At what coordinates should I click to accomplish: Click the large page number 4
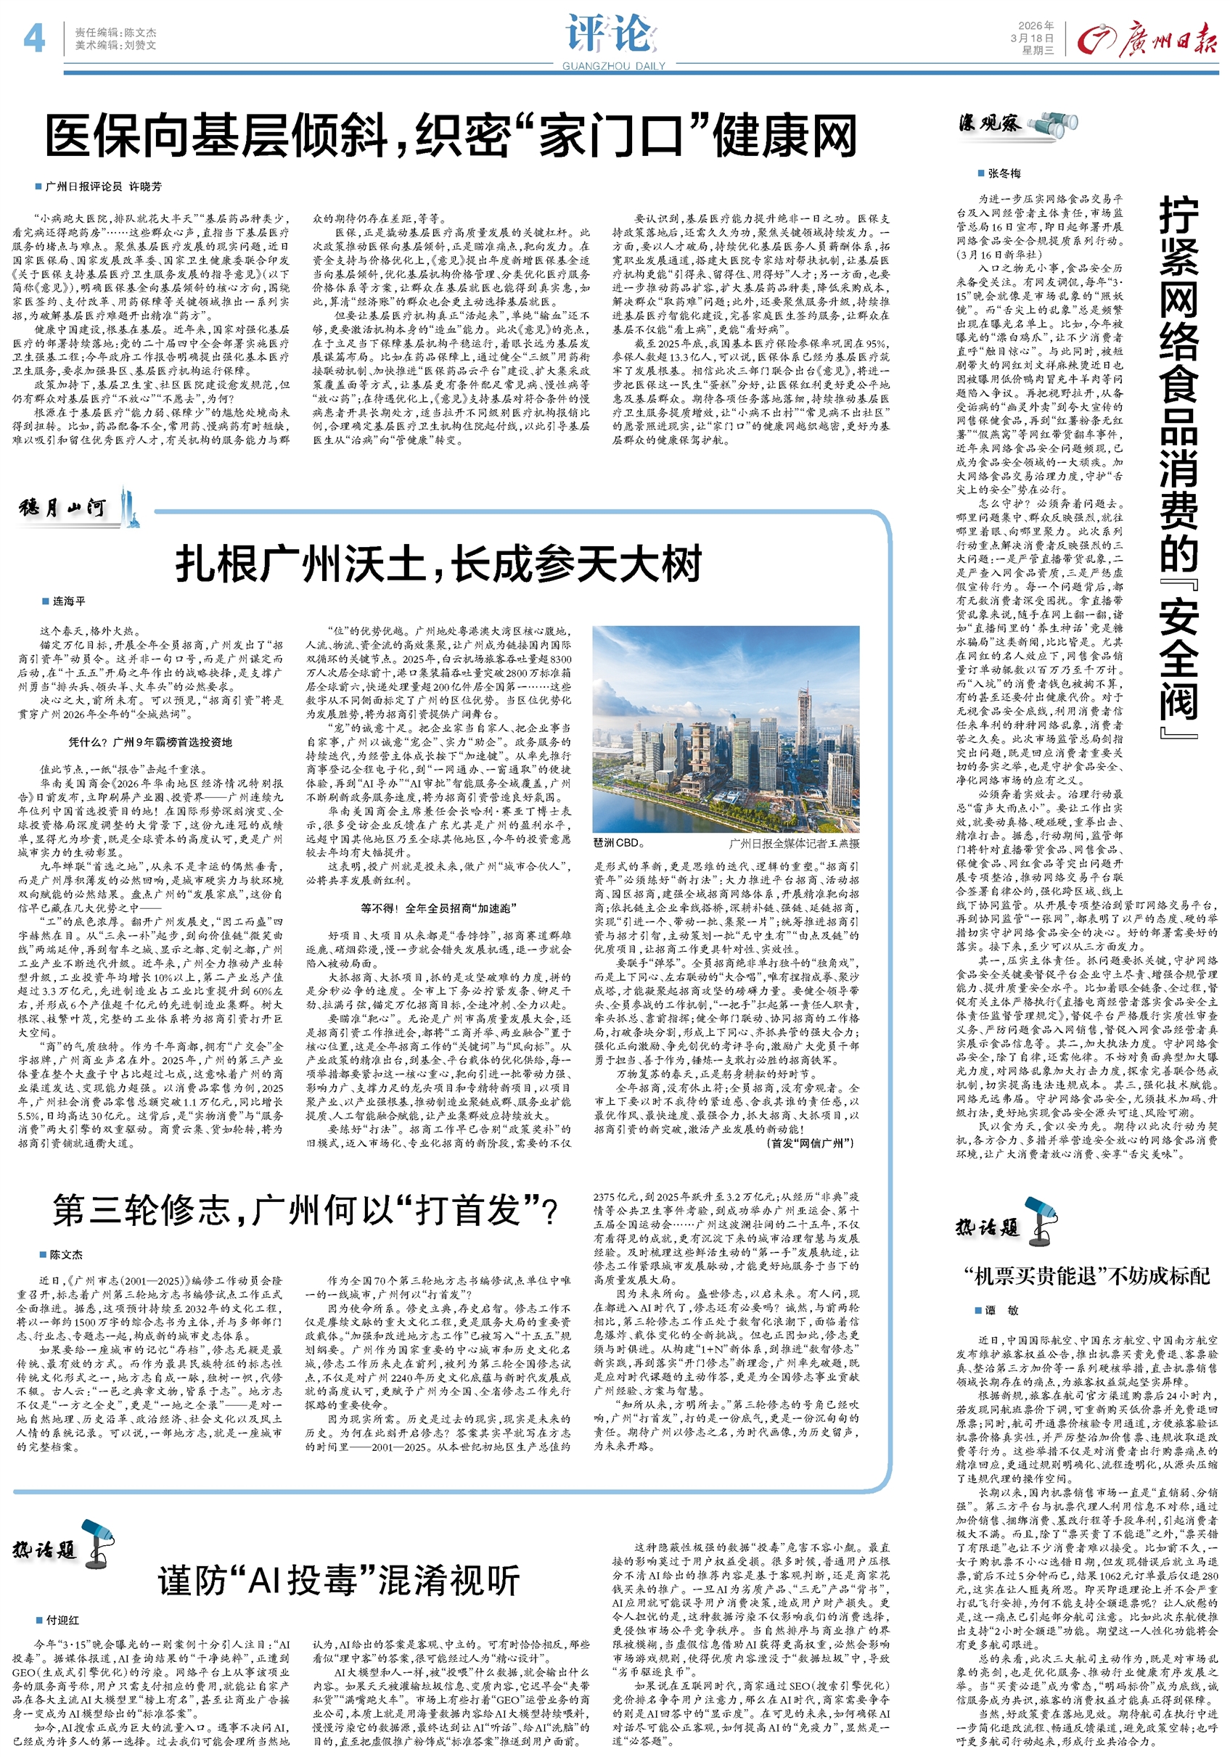click(33, 38)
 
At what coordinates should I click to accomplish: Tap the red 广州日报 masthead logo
click(1146, 40)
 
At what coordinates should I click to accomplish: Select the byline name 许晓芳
click(144, 186)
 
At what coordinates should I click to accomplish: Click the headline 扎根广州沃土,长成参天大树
click(438, 564)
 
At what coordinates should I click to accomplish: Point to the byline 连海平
click(69, 601)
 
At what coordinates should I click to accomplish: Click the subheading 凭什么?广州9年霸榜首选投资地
click(150, 741)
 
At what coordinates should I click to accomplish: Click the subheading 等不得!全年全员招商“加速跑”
click(438, 908)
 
